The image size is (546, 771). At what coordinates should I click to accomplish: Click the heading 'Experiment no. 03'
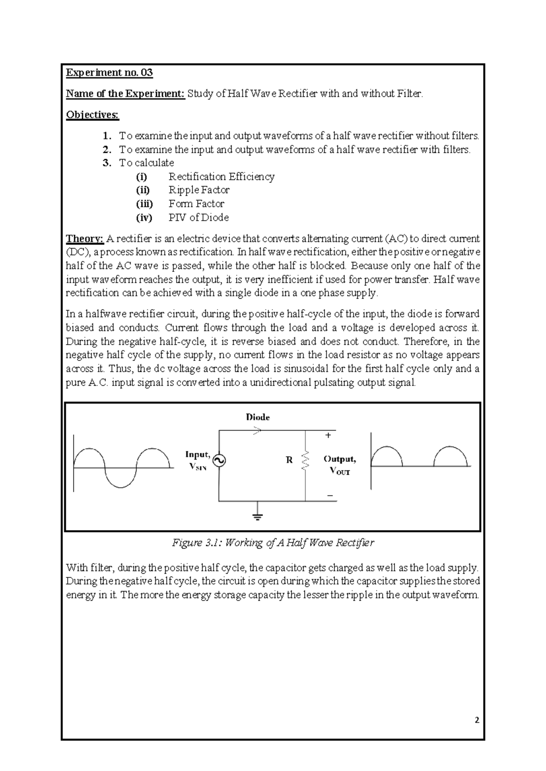pyautogui.click(x=109, y=73)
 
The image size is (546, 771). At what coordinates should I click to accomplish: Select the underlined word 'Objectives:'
pyautogui.click(x=92, y=115)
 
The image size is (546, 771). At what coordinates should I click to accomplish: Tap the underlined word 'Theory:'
pyautogui.click(x=85, y=239)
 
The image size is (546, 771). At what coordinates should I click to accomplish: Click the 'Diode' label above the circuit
pyautogui.click(x=258, y=417)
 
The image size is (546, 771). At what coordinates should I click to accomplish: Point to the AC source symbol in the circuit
pyautogui.click(x=219, y=461)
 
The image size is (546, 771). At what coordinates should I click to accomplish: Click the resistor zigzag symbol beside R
pyautogui.click(x=305, y=461)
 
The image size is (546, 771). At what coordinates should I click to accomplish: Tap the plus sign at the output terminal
pyautogui.click(x=328, y=436)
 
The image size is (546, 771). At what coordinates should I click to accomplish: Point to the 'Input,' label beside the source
pyautogui.click(x=198, y=454)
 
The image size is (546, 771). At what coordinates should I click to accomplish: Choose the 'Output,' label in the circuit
pyautogui.click(x=340, y=459)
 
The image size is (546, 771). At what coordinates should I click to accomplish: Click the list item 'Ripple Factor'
pyautogui.click(x=199, y=190)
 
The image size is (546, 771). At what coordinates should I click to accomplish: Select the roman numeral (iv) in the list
pyautogui.click(x=144, y=217)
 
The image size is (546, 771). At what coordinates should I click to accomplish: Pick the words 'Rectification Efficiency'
pyautogui.click(x=222, y=176)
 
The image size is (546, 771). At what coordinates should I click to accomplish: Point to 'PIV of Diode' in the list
pyautogui.click(x=198, y=217)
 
